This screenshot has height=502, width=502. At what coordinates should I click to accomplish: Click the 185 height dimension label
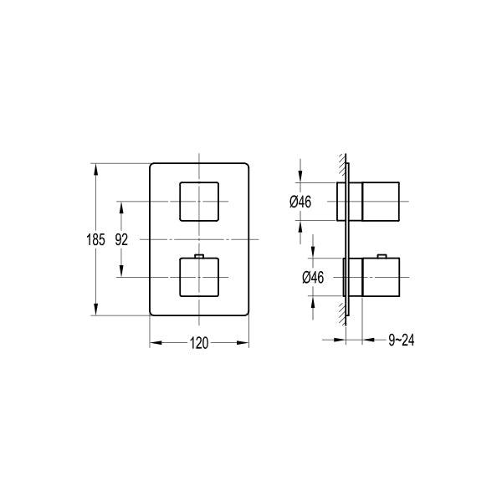95,239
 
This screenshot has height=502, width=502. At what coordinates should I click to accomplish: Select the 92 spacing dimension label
121,239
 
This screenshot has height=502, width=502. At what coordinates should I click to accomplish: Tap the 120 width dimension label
199,343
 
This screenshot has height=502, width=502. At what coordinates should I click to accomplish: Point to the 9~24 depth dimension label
401,340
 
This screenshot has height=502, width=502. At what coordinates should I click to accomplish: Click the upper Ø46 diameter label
300,202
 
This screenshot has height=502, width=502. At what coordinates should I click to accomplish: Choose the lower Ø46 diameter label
313,277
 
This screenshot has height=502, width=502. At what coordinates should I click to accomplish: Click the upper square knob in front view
199,202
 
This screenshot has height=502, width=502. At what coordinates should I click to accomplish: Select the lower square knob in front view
199,277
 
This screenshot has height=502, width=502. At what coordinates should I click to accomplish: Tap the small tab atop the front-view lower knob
199,256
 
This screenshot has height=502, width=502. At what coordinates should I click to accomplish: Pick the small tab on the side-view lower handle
382,256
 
